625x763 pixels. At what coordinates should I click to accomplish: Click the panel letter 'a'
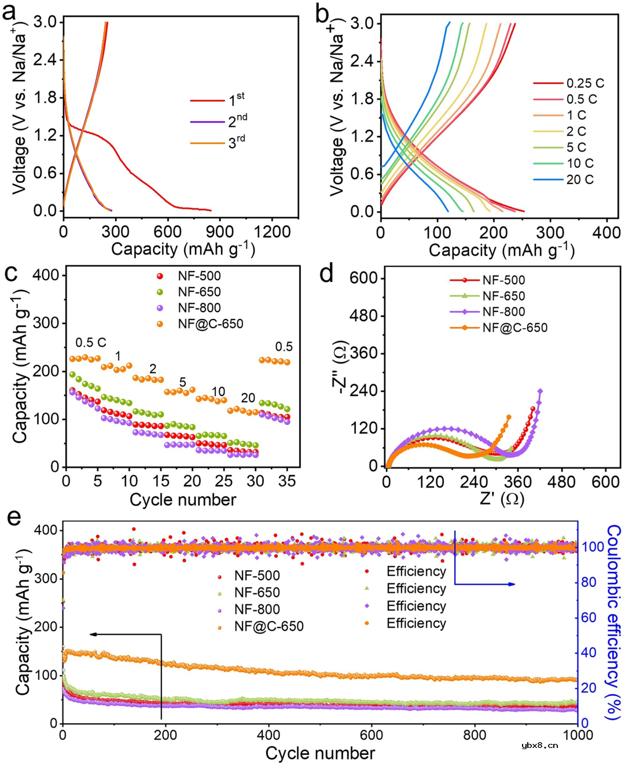tap(9, 12)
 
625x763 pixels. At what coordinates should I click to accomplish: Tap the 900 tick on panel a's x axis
tap(220, 232)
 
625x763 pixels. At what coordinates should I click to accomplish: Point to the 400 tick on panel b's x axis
tap(606, 233)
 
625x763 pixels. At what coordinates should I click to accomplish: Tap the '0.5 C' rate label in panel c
tap(91, 343)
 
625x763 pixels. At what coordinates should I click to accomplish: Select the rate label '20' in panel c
tap(248, 398)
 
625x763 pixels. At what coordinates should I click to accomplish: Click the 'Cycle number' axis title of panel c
tap(183, 500)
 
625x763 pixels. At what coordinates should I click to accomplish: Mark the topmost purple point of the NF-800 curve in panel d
tap(541, 391)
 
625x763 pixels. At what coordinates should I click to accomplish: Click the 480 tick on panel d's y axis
tap(363, 316)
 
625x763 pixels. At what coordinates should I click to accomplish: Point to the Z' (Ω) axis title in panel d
tap(502, 498)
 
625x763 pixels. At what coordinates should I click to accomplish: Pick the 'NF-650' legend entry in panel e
tap(257, 592)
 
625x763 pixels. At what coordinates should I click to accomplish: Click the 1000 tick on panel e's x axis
tap(578, 735)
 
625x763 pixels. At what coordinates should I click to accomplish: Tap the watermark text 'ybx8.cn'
tap(539, 745)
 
